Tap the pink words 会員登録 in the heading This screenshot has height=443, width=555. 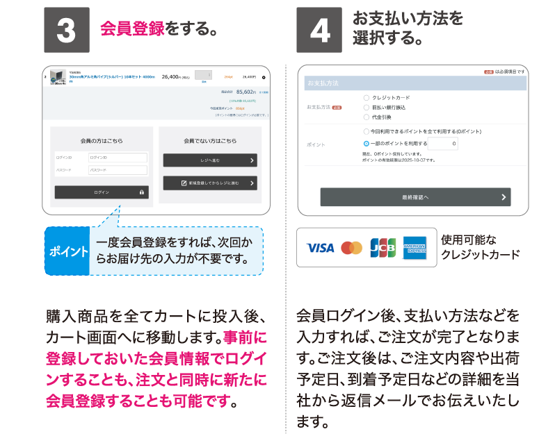tap(133, 30)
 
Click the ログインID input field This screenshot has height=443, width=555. tap(118, 158)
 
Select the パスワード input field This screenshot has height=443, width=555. tap(118, 170)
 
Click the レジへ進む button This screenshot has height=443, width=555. tap(210, 160)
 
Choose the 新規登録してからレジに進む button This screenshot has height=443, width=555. tap(210, 183)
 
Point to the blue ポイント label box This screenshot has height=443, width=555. tap(68, 251)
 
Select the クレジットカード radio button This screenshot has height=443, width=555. tap(367, 98)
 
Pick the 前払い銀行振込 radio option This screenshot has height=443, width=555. tap(367, 108)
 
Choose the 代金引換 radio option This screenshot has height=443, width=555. tap(367, 117)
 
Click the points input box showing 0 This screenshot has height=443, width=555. tap(443, 144)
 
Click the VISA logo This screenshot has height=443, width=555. tap(320, 248)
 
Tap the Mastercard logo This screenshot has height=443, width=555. tap(352, 248)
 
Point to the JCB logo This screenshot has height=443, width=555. tap(383, 248)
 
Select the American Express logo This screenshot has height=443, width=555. tap(415, 248)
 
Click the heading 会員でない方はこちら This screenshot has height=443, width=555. tap(210, 141)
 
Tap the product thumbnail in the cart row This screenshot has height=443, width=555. tap(59, 78)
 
